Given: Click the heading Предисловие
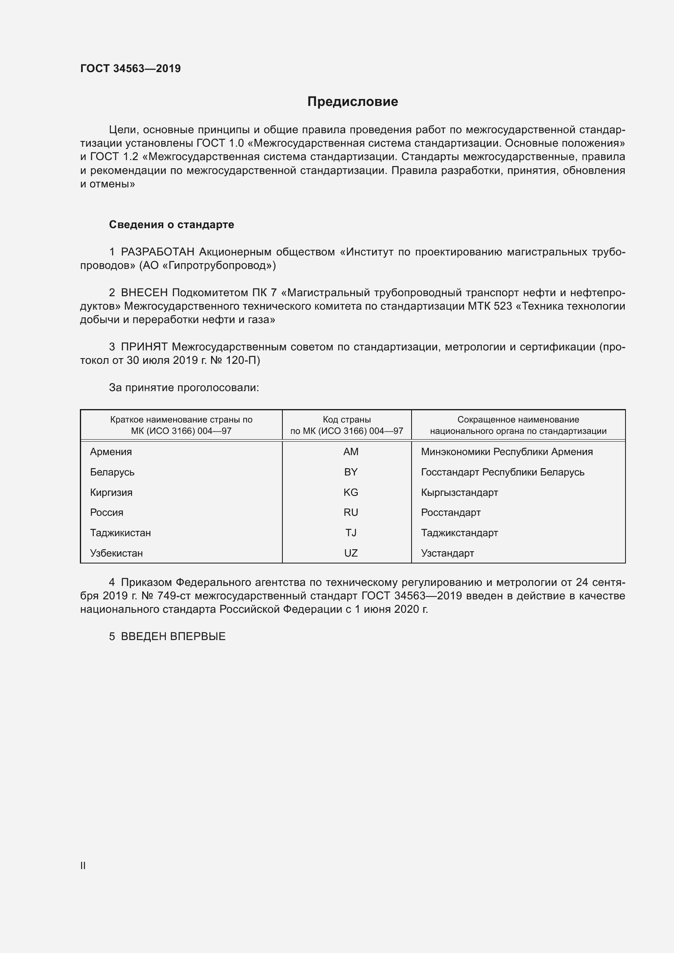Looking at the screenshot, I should tap(352, 102).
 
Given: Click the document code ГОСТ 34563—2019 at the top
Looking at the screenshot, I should tap(130, 68).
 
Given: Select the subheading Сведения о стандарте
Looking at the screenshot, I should tap(172, 224).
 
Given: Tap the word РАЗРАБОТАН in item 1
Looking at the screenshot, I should tap(157, 252).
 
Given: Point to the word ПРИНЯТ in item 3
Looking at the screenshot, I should tap(144, 347).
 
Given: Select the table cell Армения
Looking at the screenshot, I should tap(111, 451).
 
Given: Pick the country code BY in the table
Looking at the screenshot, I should tap(351, 472).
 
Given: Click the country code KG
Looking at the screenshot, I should tap(351, 492).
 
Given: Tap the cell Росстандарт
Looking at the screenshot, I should tap(451, 512).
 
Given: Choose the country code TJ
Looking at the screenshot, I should tap(351, 533).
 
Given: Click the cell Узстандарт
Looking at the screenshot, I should tap(447, 553).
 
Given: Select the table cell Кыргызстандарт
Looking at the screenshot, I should tap(459, 492).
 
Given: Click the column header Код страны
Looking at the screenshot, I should tap(346, 420).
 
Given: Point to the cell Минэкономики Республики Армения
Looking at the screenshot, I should tap(507, 451).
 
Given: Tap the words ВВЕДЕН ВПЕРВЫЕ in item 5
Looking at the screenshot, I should tap(173, 636).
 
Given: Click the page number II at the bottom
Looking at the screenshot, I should tap(83, 865).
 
